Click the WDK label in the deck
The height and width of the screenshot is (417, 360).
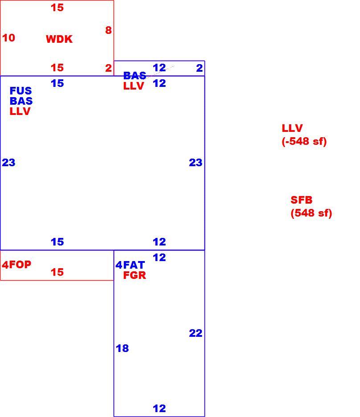(x=59, y=39)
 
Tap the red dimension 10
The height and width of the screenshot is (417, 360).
(x=8, y=38)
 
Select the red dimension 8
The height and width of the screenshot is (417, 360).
(x=108, y=30)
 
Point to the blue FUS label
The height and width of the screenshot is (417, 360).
(x=21, y=91)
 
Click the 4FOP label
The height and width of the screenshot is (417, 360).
(x=16, y=264)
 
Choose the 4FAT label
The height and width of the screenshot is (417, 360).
(x=130, y=265)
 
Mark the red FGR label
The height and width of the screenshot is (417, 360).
(x=135, y=275)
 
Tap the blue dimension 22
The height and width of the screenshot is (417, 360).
(x=196, y=333)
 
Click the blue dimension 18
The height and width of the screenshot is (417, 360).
(x=123, y=348)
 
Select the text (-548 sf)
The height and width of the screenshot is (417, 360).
(x=304, y=141)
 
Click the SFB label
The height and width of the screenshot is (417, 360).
(x=302, y=200)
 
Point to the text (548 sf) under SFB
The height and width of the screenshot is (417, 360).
(x=311, y=213)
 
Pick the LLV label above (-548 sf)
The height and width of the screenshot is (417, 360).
(x=292, y=128)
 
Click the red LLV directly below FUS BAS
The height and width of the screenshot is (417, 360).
(x=20, y=111)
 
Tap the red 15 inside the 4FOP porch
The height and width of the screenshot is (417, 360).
(x=57, y=272)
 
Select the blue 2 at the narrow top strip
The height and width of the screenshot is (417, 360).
(x=200, y=68)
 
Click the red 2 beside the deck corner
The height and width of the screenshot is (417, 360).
(x=108, y=68)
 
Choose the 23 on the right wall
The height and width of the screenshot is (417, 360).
(x=196, y=163)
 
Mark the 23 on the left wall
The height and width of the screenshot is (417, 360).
(x=8, y=163)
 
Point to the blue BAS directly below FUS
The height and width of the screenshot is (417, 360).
(x=21, y=101)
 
